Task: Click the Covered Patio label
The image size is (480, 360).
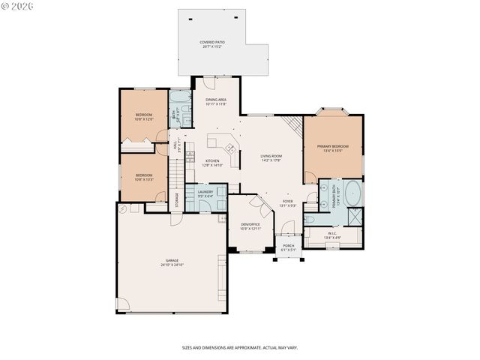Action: coord(212,43)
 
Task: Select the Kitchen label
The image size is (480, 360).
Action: coord(212,161)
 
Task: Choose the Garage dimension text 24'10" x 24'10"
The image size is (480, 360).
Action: coord(172,265)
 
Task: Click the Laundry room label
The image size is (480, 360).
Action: coord(205,192)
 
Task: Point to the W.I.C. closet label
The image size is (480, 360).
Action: coord(334,233)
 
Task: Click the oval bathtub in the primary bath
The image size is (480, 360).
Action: coord(354,194)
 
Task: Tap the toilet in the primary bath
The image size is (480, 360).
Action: coord(310,219)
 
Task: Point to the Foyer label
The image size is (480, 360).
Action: coord(288,202)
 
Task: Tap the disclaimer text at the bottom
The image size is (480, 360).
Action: coord(240,348)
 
